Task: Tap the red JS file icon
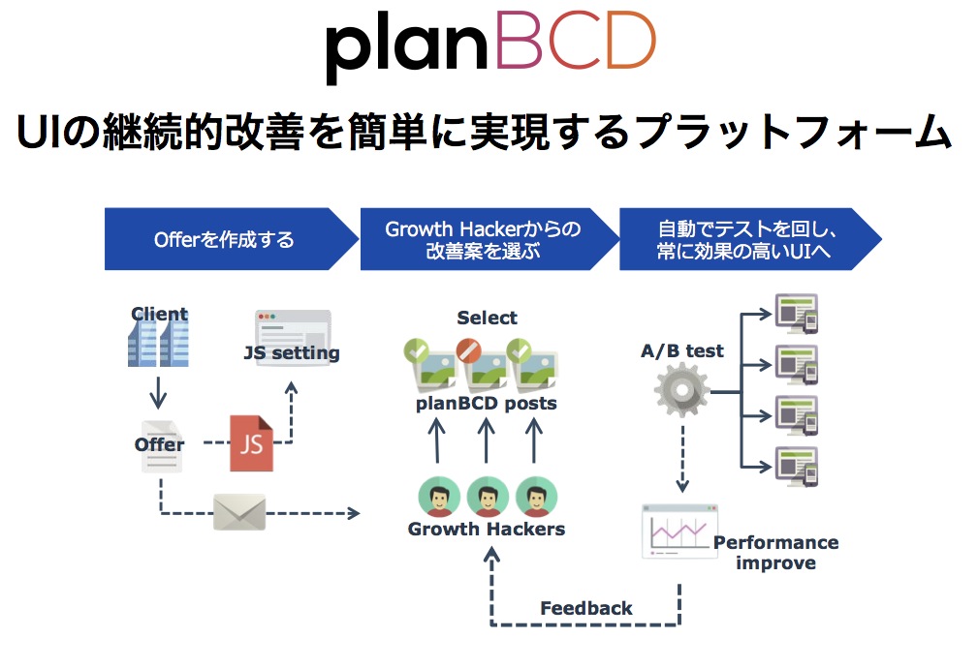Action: [x=251, y=442]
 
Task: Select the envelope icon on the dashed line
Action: [x=238, y=511]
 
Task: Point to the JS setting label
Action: [x=291, y=353]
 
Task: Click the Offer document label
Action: [x=160, y=444]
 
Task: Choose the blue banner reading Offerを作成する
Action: [x=225, y=239]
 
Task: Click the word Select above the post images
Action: [x=488, y=318]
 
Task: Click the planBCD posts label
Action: [x=487, y=403]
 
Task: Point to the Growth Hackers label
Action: [x=487, y=529]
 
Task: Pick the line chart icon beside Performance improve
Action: [x=678, y=531]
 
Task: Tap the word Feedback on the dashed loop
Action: [x=586, y=608]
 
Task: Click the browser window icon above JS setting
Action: [x=293, y=325]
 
